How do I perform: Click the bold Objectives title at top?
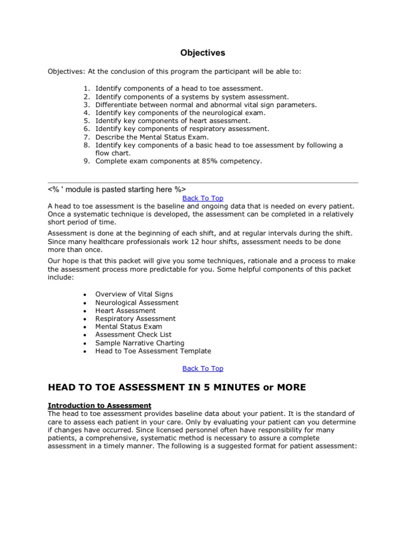click(203, 53)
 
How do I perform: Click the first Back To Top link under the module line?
click(202, 198)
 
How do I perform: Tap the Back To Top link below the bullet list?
click(202, 368)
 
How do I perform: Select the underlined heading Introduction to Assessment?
click(99, 405)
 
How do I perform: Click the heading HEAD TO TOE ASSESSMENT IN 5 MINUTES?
click(177, 387)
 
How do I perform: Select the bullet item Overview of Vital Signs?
click(134, 294)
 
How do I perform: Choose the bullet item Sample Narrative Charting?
click(140, 343)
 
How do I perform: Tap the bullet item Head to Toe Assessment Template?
click(153, 351)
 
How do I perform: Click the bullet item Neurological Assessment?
click(136, 303)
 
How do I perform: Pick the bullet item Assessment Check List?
click(133, 334)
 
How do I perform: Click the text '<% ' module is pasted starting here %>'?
click(117, 189)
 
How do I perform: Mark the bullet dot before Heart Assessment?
click(85, 311)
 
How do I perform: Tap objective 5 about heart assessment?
click(173, 120)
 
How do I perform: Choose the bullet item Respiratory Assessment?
click(135, 319)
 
